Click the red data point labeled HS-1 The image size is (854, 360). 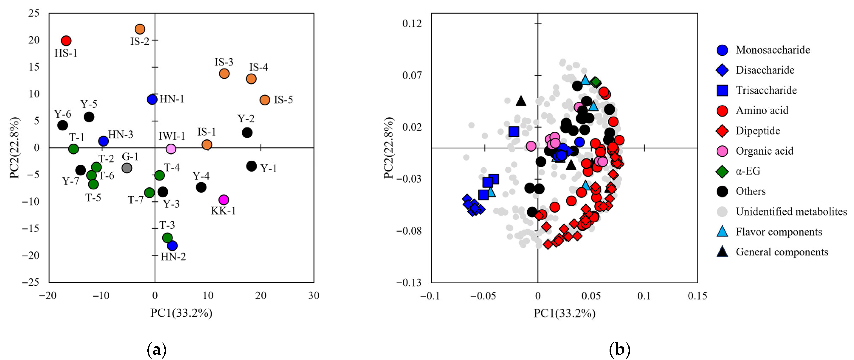point(66,41)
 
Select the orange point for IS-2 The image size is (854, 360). point(140,29)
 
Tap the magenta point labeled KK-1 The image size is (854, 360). point(224,200)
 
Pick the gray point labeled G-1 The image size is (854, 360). point(127,168)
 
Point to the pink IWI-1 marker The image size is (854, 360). point(171,149)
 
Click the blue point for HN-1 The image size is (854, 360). point(152,99)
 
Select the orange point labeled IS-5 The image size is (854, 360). point(265,100)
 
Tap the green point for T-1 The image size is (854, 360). point(74,149)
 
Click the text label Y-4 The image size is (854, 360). point(201,176)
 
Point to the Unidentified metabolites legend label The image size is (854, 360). point(791,212)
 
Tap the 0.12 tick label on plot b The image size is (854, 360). point(412,24)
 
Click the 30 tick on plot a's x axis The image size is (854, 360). point(314,296)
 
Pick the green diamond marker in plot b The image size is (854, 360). point(596,82)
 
